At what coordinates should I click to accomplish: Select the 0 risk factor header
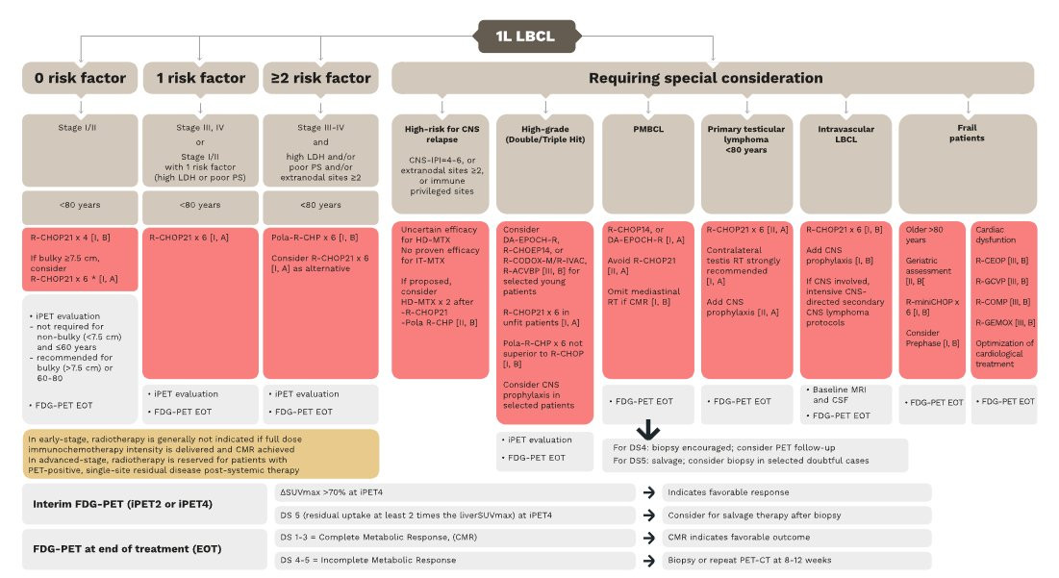tap(80, 78)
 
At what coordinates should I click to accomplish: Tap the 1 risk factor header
tap(200, 78)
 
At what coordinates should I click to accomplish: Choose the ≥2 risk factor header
tap(321, 78)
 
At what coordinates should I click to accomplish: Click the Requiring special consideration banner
tap(713, 78)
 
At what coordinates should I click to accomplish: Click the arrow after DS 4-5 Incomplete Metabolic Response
tap(650, 560)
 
